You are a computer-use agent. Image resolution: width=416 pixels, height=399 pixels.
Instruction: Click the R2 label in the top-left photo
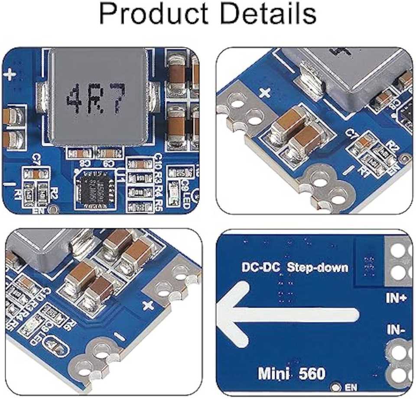coord(54,193)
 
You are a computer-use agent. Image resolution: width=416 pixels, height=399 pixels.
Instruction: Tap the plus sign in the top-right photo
coord(265,92)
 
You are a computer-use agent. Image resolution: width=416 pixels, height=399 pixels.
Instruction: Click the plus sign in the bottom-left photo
coord(148,305)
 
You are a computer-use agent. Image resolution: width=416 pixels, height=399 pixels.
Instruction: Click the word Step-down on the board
coord(318,267)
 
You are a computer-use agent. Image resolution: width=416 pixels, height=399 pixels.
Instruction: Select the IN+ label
coord(396,298)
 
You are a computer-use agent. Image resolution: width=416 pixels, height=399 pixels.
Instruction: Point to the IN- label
coord(395,331)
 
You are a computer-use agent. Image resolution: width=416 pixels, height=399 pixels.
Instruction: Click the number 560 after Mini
coord(311,373)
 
